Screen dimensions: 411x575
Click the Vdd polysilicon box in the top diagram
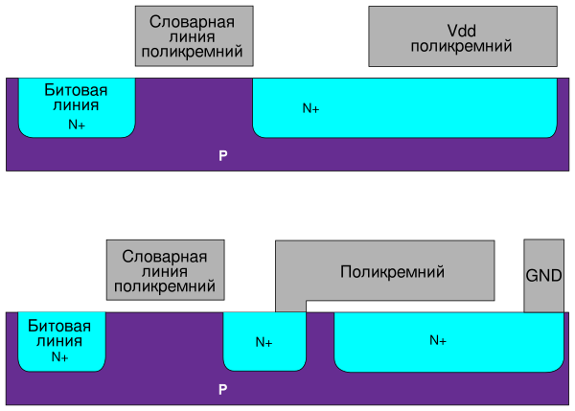click(461, 37)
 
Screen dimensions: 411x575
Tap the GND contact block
click(543, 275)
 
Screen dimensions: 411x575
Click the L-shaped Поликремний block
click(393, 271)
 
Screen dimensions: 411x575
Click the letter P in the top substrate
click(222, 154)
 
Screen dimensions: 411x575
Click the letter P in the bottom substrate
click(222, 390)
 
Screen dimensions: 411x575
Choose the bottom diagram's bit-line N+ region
click(61, 341)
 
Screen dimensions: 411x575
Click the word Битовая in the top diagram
click(76, 90)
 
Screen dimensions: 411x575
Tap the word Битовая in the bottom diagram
click(59, 326)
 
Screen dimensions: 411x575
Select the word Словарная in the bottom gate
click(164, 256)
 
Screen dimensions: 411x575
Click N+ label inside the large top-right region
click(310, 109)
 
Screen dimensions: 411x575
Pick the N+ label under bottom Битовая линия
click(59, 356)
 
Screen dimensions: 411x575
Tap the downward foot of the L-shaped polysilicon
click(290, 306)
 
